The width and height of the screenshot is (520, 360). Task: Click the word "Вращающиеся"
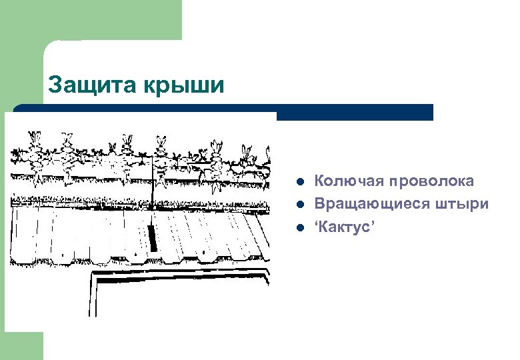point(369,204)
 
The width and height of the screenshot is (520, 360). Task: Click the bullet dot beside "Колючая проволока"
point(301,182)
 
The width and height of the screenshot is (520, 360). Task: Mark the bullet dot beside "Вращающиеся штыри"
point(301,205)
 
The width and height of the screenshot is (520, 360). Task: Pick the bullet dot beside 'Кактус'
point(301,227)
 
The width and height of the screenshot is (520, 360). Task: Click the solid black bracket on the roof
point(152,237)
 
